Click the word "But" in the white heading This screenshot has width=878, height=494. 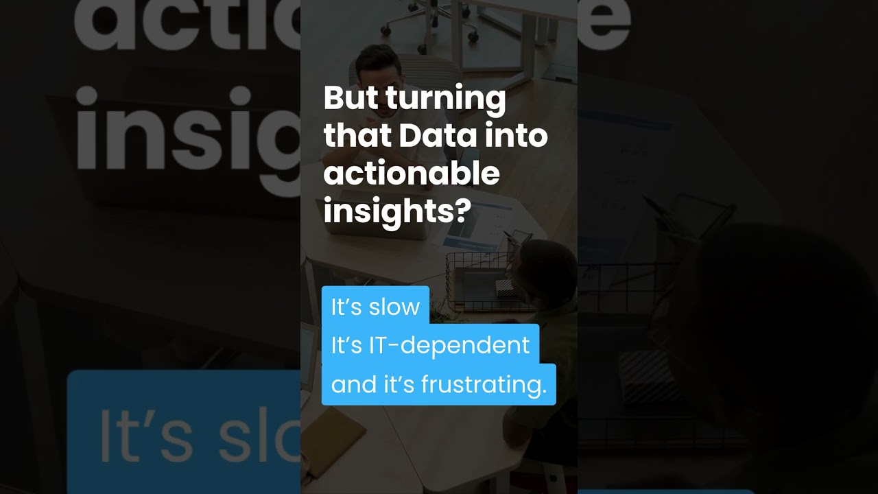click(x=351, y=97)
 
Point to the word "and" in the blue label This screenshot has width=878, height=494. click(x=354, y=385)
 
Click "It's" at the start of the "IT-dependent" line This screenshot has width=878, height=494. click(x=346, y=345)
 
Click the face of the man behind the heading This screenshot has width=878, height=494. click(x=377, y=66)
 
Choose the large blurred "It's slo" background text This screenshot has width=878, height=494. click(x=199, y=436)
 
